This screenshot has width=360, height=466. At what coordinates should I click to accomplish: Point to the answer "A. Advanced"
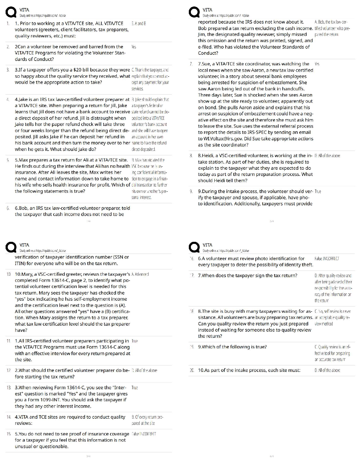point(140,274)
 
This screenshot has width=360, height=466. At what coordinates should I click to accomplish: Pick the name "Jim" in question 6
point(202,34)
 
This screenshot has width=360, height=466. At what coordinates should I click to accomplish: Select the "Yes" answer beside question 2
point(134,47)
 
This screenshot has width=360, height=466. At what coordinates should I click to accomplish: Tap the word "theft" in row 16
point(306,265)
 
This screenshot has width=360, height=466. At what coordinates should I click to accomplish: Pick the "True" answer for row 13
point(135,387)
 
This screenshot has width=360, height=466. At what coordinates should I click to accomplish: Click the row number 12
point(9,370)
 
